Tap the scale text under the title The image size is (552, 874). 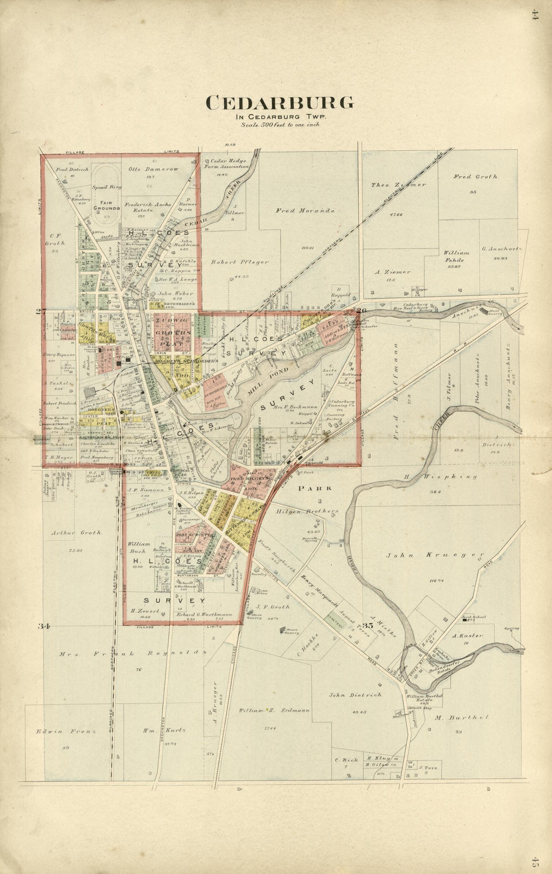point(280,124)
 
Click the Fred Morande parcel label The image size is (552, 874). point(305,210)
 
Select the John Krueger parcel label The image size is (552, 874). point(436,555)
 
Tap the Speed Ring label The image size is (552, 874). point(103,187)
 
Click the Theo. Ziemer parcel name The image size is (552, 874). point(398,184)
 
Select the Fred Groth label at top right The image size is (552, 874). point(475,176)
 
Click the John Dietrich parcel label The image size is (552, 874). point(355,695)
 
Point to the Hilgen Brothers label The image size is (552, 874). point(307,511)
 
